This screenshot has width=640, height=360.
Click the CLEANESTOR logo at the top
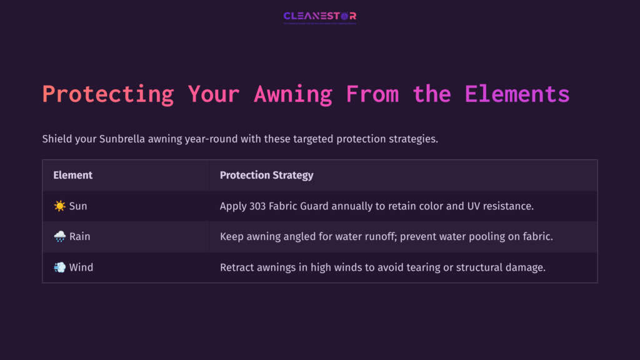[x=319, y=16]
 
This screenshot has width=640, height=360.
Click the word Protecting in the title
[x=108, y=94]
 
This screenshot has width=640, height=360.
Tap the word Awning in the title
[x=293, y=94]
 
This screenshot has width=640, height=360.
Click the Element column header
[x=72, y=175]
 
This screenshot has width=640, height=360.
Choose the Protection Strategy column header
[x=266, y=175]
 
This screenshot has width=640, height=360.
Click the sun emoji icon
[x=59, y=206]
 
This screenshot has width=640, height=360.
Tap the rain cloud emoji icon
[x=59, y=236]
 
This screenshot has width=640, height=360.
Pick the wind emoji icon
[x=59, y=267]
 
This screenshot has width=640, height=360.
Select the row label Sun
[x=78, y=206]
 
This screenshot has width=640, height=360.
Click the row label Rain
[x=80, y=236]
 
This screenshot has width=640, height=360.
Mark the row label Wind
[x=81, y=267]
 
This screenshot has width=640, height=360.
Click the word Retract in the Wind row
[x=237, y=267]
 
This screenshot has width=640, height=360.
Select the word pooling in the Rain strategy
[x=476, y=236]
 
